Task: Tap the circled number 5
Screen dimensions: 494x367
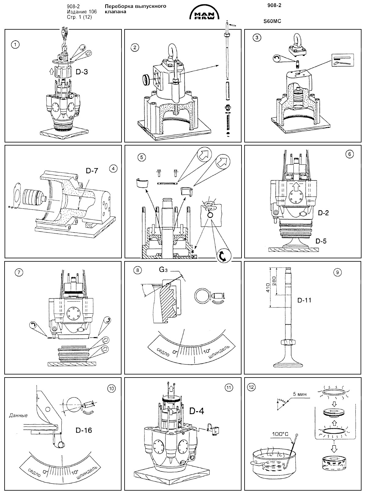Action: click(x=141, y=157)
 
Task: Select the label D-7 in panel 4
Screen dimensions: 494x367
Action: click(x=92, y=171)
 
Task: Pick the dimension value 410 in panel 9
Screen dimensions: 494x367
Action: click(x=268, y=288)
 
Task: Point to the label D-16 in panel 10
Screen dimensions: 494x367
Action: click(x=83, y=430)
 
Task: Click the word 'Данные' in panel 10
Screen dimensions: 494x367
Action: click(x=18, y=415)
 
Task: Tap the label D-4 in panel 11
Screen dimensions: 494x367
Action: click(x=196, y=411)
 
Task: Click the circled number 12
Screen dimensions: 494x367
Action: click(x=252, y=386)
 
